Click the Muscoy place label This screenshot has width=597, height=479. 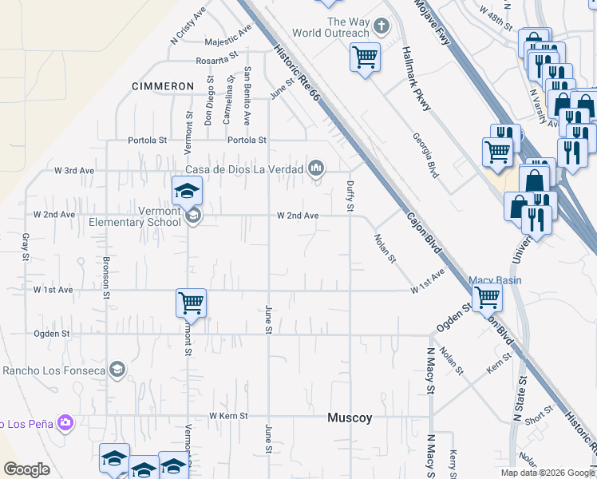coord(350,418)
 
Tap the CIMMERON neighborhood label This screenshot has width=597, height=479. coord(163,85)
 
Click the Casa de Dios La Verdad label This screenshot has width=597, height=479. coord(244,168)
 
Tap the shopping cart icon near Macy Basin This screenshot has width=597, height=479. coord(486,298)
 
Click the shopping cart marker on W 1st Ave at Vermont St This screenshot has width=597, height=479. coord(191,303)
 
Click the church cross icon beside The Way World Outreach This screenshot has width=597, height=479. coord(382,27)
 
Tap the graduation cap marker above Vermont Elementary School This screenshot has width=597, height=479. coord(188,191)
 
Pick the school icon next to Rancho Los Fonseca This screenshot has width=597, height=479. coord(117,369)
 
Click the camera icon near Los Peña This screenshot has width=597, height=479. coord(65,422)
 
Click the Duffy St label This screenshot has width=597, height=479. coord(350,196)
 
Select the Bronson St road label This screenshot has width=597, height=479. coord(106,277)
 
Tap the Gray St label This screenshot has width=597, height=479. coord(26,247)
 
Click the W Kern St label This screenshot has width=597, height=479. coord(228,416)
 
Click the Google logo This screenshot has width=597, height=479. coord(27,469)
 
